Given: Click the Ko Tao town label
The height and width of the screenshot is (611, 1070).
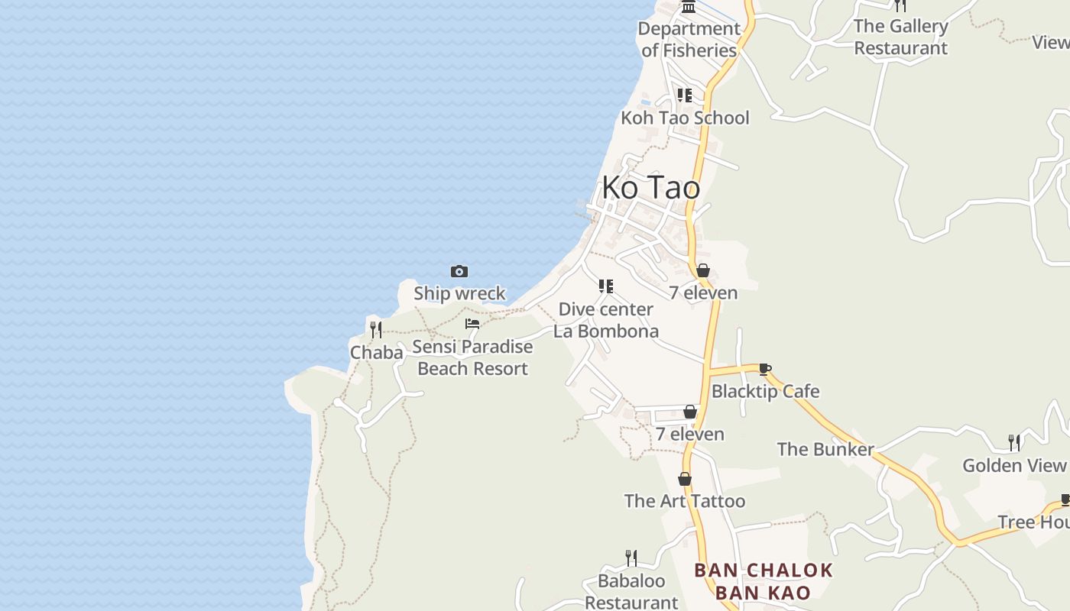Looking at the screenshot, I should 650,187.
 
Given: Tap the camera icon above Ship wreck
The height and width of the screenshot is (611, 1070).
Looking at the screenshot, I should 459,271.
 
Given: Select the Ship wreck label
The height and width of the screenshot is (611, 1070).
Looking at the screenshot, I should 459,293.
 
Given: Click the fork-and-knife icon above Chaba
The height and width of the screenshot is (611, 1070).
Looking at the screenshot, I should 375,330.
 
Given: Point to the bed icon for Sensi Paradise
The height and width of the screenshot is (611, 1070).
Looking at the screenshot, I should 472,324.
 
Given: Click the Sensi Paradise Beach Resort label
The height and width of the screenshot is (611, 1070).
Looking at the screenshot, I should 472,357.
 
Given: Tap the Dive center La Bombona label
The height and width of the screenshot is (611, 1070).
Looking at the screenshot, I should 606,320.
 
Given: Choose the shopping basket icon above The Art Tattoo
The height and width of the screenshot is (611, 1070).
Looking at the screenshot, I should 685,479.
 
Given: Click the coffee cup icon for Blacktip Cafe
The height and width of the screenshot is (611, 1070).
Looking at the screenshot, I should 765,370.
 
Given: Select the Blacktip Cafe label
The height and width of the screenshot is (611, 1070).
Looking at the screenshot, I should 765,391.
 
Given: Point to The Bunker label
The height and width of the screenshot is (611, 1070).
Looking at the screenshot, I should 825,449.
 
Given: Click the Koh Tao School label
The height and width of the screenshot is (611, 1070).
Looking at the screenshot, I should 685,118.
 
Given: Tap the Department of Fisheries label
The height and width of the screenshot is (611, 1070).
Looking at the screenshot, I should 689,40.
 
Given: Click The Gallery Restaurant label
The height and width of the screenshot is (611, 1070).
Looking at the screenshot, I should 900,37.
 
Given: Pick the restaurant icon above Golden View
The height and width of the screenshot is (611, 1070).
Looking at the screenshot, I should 1014,442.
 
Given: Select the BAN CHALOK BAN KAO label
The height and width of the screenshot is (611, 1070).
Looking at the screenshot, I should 763,581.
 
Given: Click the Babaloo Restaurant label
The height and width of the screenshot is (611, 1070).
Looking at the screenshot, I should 631,592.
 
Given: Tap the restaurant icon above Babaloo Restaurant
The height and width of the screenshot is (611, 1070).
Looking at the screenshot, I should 631,558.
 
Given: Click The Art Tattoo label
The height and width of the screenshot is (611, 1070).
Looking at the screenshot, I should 685,501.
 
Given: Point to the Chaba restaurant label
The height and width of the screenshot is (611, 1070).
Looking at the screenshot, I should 376,352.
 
